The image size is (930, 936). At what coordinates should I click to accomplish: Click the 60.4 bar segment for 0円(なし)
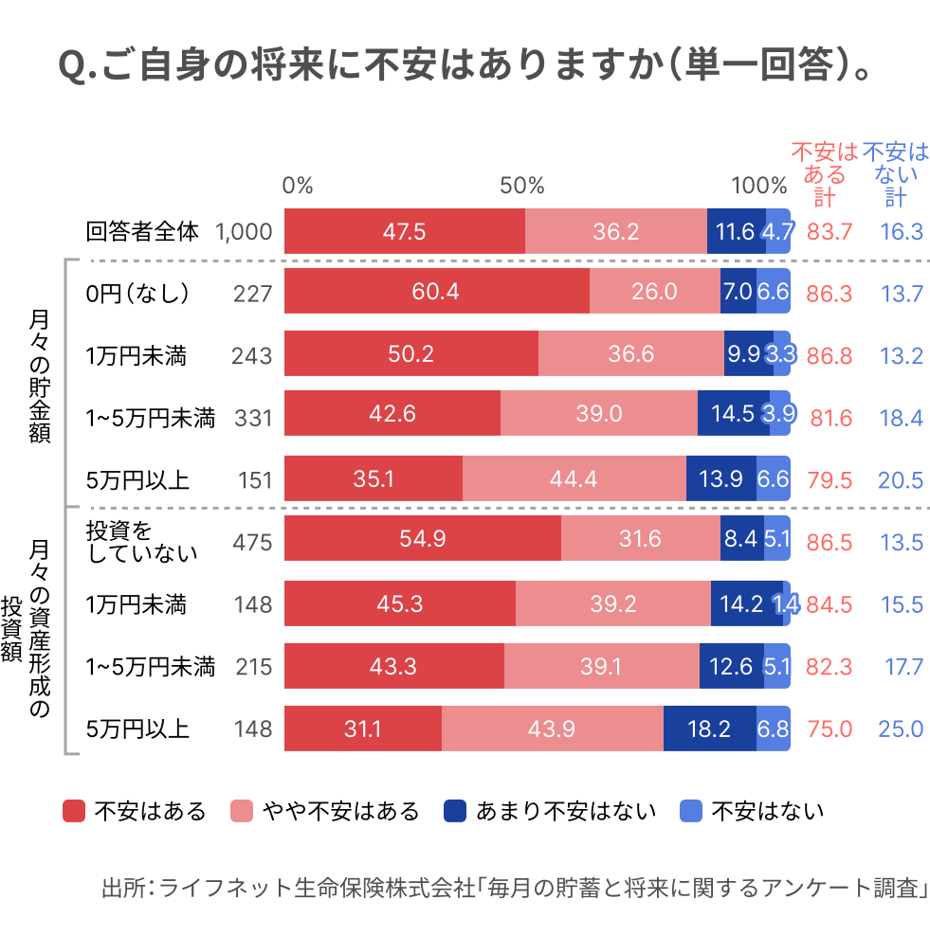(436, 293)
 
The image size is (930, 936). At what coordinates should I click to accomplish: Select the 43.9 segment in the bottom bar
(553, 729)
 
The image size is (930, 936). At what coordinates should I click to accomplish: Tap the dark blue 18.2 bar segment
(709, 729)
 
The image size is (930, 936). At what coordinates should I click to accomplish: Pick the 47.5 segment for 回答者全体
(404, 231)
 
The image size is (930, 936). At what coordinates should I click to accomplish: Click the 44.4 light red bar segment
(574, 479)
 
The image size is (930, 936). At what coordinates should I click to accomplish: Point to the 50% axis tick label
(521, 186)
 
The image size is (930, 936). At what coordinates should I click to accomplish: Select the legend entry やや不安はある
(325, 811)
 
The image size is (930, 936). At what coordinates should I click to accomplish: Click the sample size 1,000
(245, 231)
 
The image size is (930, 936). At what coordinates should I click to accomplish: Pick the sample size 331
(252, 417)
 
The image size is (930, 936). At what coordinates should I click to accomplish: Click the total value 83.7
(830, 231)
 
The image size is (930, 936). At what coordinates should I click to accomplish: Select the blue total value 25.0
(901, 729)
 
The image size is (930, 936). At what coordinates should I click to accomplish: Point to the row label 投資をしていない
(142, 541)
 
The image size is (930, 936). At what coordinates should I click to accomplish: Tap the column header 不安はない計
(896, 174)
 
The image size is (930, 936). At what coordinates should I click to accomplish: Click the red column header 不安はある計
(824, 174)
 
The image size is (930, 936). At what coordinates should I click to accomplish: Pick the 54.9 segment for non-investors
(423, 541)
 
